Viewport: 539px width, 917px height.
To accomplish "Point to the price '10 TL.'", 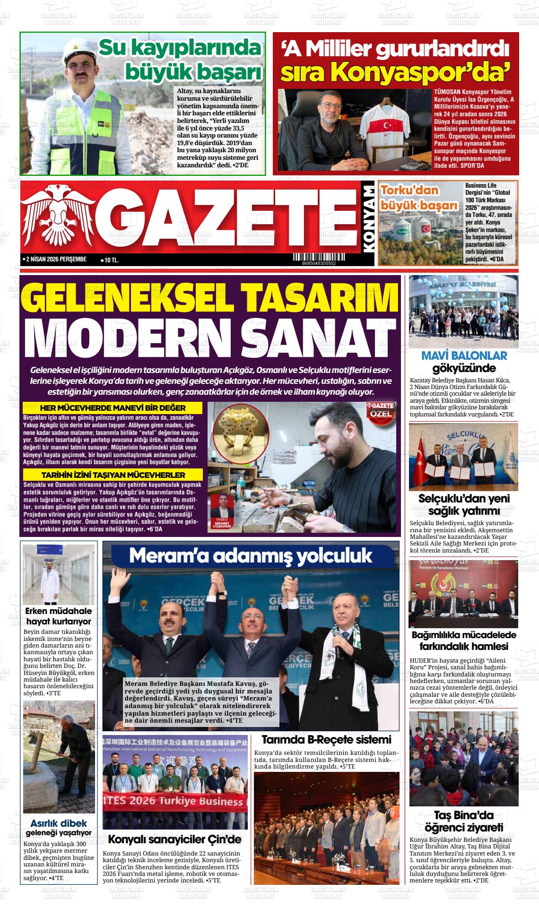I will [111, 260].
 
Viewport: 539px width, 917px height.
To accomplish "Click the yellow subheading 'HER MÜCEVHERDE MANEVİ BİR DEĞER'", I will [113, 408].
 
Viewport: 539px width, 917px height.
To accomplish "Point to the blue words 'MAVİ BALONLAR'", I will [457, 356].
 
